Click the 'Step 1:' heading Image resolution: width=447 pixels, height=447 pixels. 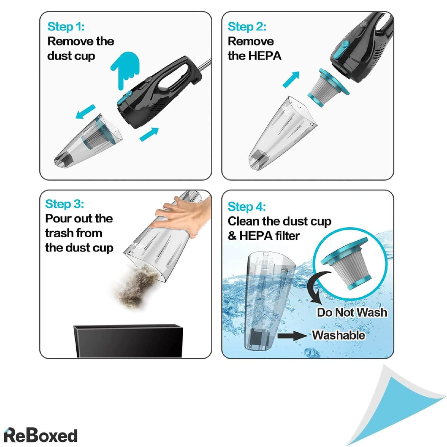pyautogui.click(x=66, y=26)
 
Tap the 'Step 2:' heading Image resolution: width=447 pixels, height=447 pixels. pyautogui.click(x=247, y=26)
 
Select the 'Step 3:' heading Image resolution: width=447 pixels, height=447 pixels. pyautogui.click(x=64, y=204)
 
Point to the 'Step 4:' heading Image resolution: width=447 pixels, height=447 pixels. pyautogui.click(x=247, y=206)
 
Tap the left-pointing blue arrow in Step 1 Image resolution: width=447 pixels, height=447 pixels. pyautogui.click(x=85, y=112)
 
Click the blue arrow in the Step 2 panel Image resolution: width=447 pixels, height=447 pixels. pyautogui.click(x=291, y=80)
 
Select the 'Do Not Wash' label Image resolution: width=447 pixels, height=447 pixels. pyautogui.click(x=352, y=312)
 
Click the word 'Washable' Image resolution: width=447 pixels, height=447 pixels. pyautogui.click(x=339, y=335)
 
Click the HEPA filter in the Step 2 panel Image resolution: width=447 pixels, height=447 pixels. pyautogui.click(x=329, y=88)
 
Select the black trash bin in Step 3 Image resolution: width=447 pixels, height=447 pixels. pyautogui.click(x=128, y=340)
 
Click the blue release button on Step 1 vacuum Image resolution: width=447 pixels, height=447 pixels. pyautogui.click(x=125, y=98)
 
